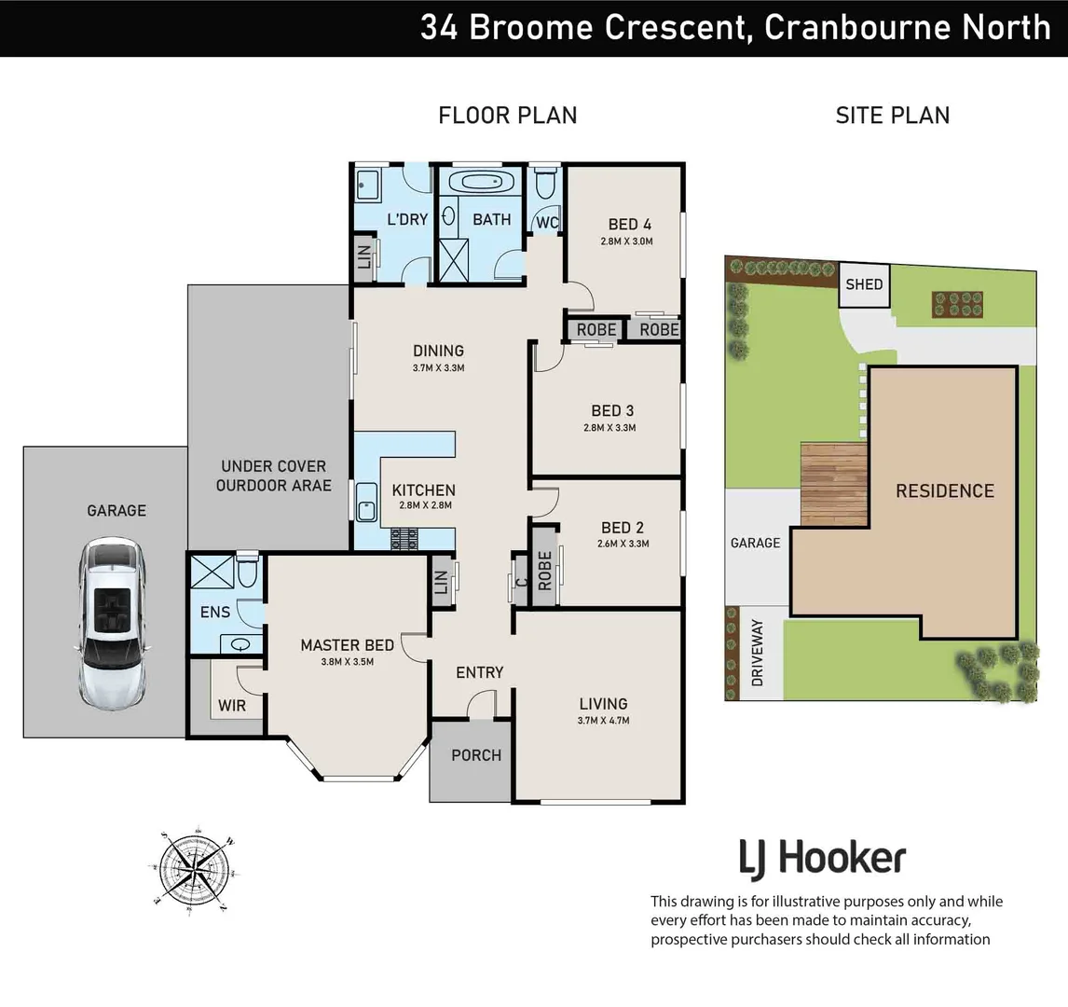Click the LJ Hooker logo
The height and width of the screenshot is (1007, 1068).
tap(822, 858)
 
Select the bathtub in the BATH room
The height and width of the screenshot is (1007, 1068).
tap(481, 181)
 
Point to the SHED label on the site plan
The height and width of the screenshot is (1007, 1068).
tap(864, 283)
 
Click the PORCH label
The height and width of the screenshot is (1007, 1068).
tap(476, 755)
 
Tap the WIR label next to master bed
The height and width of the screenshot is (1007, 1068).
tap(232, 706)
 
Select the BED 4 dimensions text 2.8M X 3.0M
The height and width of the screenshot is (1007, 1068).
tap(626, 241)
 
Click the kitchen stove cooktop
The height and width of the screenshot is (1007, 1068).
tap(408, 540)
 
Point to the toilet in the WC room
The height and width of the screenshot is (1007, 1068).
tap(546, 184)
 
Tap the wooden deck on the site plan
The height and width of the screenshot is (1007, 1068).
tap(834, 483)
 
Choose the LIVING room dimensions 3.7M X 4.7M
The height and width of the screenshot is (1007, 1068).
tap(603, 721)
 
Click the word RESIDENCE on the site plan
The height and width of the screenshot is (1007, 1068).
tap(944, 490)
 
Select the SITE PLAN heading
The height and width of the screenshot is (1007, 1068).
tap(892, 116)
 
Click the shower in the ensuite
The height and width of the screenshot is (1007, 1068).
tap(210, 571)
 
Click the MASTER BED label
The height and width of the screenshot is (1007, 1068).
tap(347, 645)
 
